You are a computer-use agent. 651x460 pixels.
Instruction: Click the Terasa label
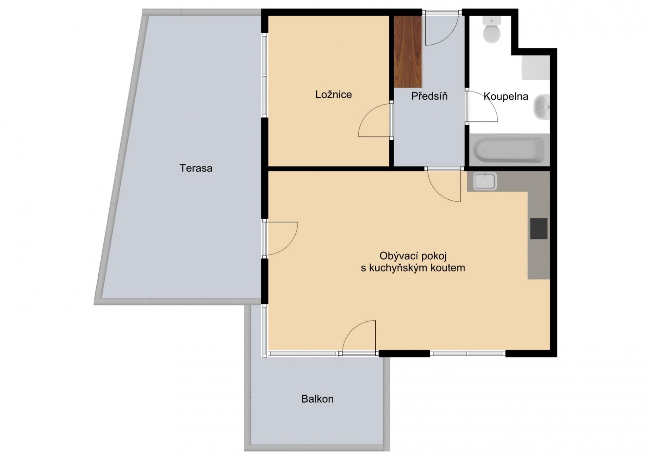pos(196,168)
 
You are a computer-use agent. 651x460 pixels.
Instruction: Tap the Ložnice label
pos(334,94)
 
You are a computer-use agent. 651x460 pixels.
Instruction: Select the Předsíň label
pos(429,96)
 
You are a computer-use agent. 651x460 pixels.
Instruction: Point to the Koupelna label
pos(506,97)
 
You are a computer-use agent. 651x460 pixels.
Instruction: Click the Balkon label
pos(317,399)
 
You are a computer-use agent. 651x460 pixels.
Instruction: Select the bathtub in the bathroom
pos(509,150)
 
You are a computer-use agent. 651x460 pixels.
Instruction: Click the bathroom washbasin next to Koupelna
pos(541,107)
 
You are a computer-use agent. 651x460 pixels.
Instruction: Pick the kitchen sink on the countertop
pos(485,181)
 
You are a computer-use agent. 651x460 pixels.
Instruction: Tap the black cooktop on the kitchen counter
pos(539,228)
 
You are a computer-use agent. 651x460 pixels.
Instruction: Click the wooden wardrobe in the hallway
pos(408,52)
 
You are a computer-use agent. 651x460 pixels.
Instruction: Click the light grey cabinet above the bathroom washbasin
pos(536,68)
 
